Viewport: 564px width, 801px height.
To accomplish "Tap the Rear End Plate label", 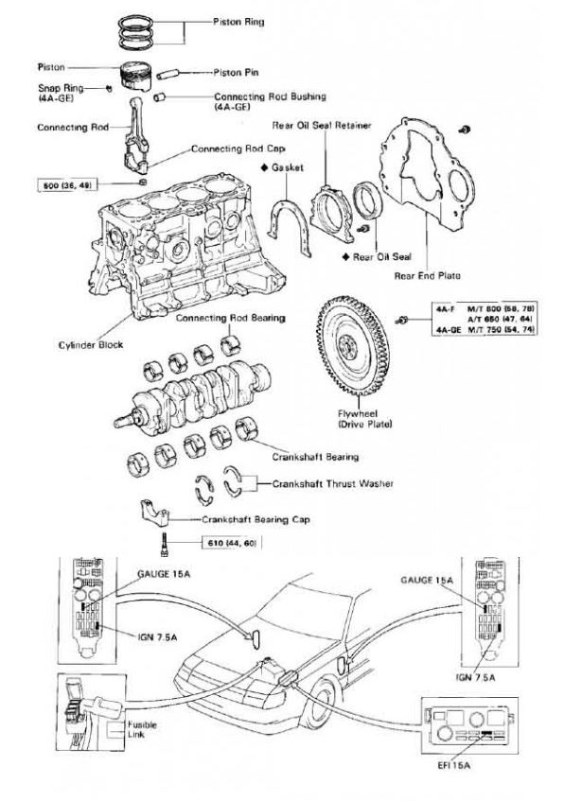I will pyautogui.click(x=426, y=276).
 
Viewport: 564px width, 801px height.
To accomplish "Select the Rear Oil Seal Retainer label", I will pyautogui.click(x=307, y=125).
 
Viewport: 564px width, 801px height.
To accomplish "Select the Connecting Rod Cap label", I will pyautogui.click(x=238, y=148).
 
